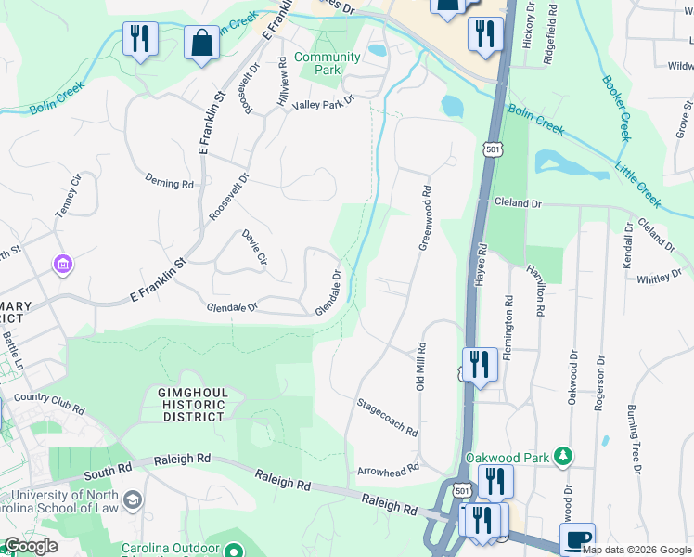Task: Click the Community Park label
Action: (327, 63)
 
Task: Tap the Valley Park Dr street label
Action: (324, 104)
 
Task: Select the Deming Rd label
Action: (169, 184)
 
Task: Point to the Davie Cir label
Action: (254, 249)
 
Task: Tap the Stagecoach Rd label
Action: (387, 418)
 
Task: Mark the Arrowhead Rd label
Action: (388, 470)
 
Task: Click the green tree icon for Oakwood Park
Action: (561, 456)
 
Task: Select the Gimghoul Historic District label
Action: (184, 405)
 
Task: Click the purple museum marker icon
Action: (63, 266)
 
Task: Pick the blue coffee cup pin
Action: (577, 538)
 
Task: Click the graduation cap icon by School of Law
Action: (133, 501)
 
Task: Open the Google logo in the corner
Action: (31, 546)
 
